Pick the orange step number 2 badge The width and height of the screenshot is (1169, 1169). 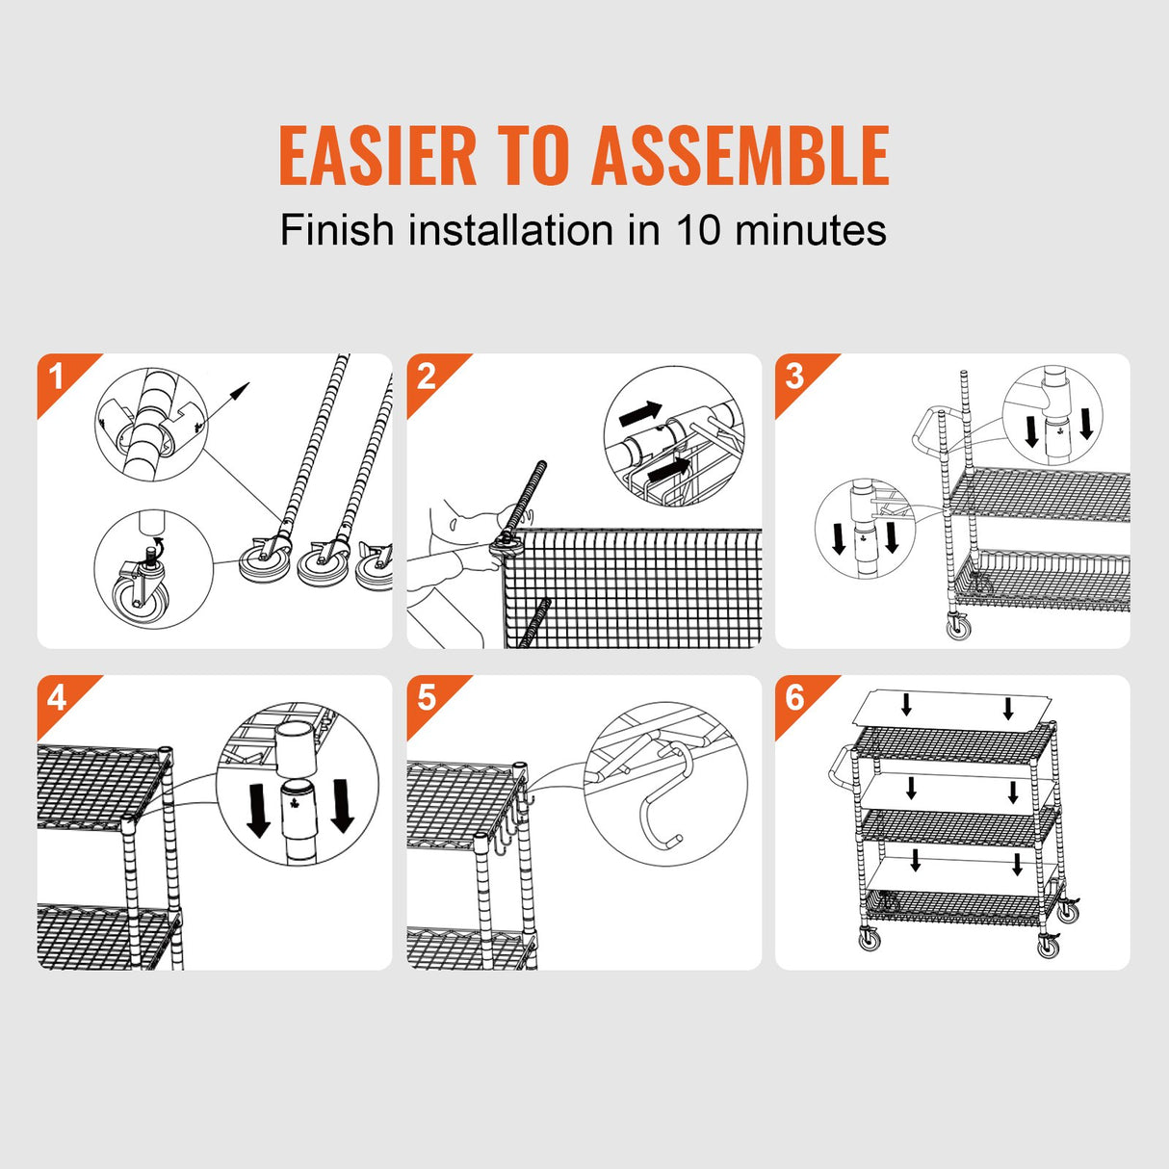point(426,376)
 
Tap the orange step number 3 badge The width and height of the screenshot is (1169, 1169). point(794,376)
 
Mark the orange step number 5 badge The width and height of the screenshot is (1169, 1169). point(426,697)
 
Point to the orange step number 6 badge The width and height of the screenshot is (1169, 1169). point(794,697)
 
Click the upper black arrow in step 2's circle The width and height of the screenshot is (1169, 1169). point(640,414)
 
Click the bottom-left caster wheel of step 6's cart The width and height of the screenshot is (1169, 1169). point(870,939)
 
